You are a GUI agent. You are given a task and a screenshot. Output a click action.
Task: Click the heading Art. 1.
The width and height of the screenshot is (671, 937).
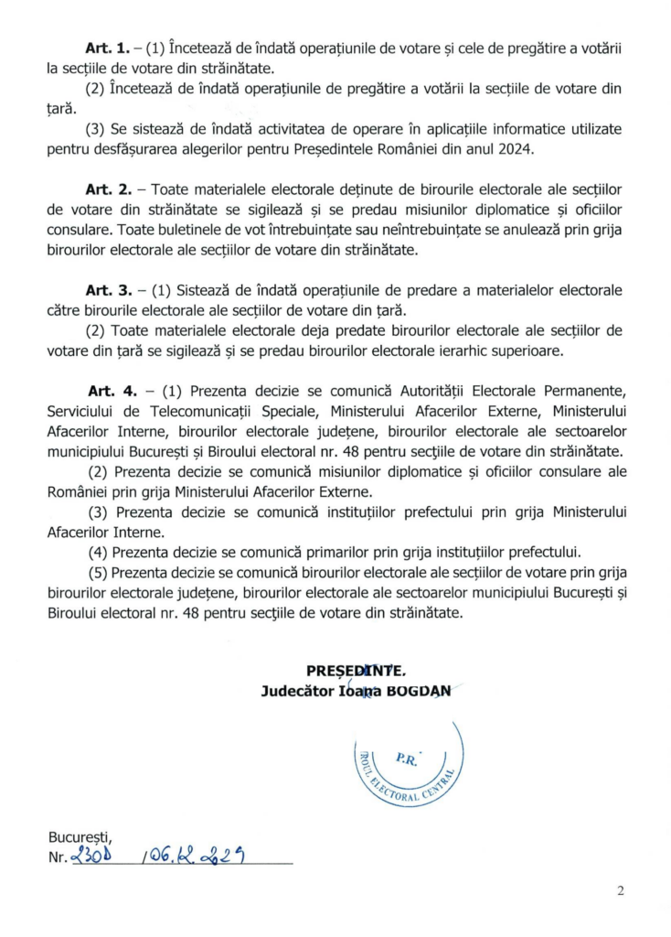coord(106,47)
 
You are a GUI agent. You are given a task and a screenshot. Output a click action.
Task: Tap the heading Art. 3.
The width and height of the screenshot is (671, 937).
coord(106,290)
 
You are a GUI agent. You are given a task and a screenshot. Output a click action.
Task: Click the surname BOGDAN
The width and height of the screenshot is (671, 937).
coord(416,691)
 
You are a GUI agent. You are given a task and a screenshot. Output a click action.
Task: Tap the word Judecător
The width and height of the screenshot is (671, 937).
coord(293,691)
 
